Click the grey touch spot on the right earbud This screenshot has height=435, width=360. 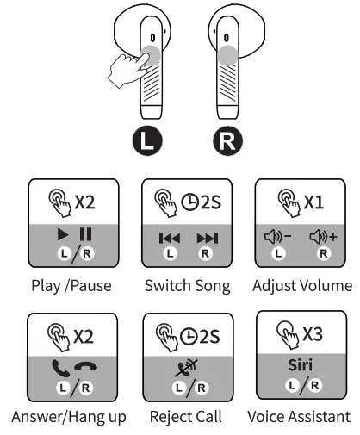pos(227,57)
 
